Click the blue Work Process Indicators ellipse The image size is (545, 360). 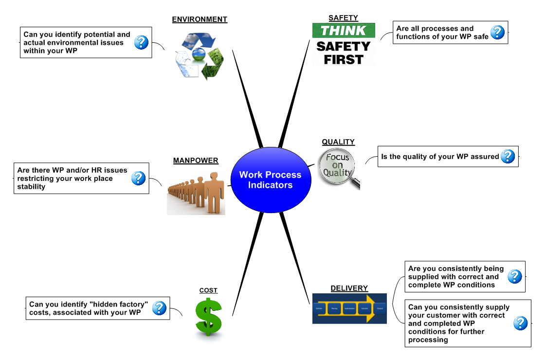point(270,180)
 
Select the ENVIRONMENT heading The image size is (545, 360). point(200,19)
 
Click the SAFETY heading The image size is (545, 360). point(343,18)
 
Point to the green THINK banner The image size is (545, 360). point(344,31)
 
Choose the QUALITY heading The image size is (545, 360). point(338,142)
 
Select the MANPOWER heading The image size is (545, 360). point(196,161)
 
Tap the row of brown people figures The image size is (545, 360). point(196,193)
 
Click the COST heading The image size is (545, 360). point(208,290)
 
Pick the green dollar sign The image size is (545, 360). point(208,317)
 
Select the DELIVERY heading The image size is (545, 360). point(349,288)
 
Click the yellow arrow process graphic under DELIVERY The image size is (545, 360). point(349,308)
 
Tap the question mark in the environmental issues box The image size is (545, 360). point(141,42)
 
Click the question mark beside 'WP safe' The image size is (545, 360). point(497,33)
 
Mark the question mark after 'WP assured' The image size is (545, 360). point(508,156)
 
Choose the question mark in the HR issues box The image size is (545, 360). point(139,179)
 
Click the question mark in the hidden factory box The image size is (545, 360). point(159,308)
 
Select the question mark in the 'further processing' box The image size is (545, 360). point(520,323)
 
